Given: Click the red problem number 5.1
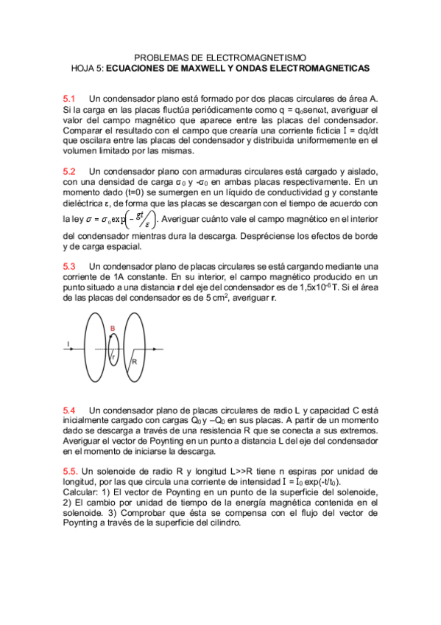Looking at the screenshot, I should coord(69,98).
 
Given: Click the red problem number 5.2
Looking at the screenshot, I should coord(69,171).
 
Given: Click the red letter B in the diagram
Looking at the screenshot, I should coord(112,327).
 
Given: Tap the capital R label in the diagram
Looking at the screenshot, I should coord(134,361).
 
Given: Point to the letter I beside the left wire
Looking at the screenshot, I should coord(68,343).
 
